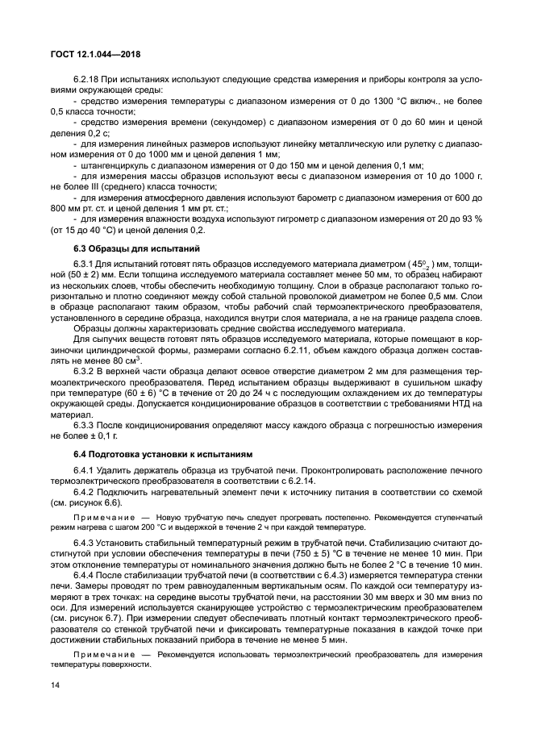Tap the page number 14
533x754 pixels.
(x=56, y=687)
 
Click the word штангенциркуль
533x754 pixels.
(x=109, y=165)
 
